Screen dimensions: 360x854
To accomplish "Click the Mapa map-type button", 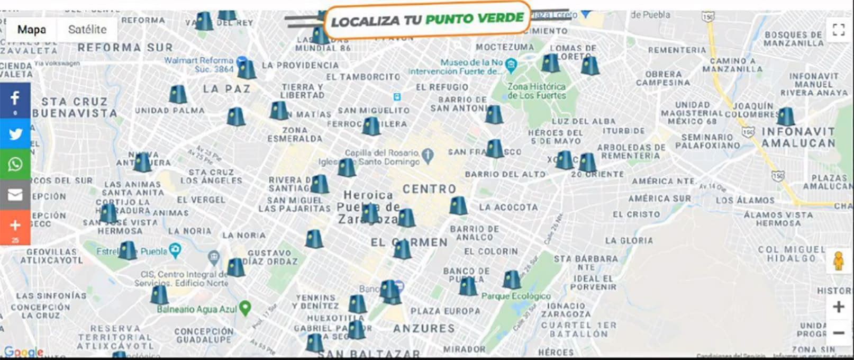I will [x=31, y=30].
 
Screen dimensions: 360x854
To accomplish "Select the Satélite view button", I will [x=87, y=30].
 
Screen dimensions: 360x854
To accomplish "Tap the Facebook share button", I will [x=15, y=100].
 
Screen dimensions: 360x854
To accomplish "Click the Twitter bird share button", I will [x=15, y=134].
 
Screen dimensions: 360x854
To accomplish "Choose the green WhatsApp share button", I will [x=15, y=164].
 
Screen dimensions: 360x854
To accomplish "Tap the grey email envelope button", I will [x=15, y=195].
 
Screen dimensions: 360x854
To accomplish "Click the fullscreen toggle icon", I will [x=838, y=30].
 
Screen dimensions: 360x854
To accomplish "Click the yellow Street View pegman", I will [x=838, y=261].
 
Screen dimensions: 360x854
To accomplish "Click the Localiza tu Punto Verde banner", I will [x=427, y=20].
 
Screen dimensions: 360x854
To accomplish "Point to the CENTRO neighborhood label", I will [x=429, y=189].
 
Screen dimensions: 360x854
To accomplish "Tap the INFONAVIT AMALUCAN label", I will [x=798, y=137].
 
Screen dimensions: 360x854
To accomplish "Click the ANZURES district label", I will [x=424, y=329].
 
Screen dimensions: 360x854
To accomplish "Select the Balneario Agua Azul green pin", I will [x=244, y=308].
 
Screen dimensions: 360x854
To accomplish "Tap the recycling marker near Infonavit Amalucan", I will [x=786, y=116].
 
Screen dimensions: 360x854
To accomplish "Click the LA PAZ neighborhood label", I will [x=226, y=89].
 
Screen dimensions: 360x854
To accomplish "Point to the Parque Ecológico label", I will [x=516, y=296].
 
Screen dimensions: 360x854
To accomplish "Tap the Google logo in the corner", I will [x=23, y=352].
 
